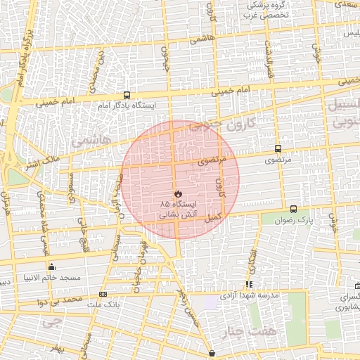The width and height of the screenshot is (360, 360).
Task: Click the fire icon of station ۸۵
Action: pyautogui.click(x=178, y=193)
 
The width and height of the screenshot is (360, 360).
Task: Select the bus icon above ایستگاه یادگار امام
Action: pyautogui.click(x=127, y=95)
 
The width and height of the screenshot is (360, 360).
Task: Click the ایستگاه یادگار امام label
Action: pyautogui.click(x=127, y=105)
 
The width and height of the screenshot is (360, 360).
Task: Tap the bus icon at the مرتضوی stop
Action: pyautogui.click(x=278, y=149)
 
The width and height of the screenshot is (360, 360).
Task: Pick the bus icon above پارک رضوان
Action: pyautogui.click(x=293, y=209)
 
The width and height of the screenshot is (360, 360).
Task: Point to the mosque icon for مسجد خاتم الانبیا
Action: pyautogui.click(x=51, y=266)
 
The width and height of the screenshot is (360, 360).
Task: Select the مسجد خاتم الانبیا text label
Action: pyautogui.click(x=51, y=278)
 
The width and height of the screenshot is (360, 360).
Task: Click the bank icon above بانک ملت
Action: pyautogui.click(x=103, y=294)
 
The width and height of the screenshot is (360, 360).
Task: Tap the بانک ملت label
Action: pyautogui.click(x=103, y=304)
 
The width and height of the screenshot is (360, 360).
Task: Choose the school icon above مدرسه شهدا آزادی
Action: pyautogui.click(x=249, y=284)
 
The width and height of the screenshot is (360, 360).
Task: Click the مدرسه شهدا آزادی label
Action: pyautogui.click(x=250, y=295)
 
